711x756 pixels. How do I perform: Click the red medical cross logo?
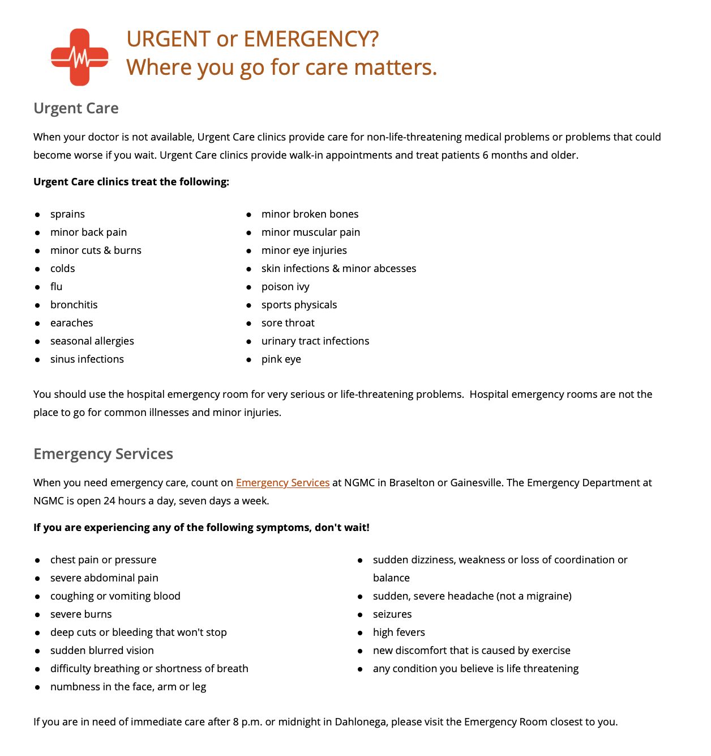coord(79,57)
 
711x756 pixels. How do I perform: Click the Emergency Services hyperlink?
coord(282,483)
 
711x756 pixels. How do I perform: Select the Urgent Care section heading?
coord(76,108)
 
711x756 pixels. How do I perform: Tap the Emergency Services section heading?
coord(103,454)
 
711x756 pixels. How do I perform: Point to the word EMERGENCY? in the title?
coord(311,40)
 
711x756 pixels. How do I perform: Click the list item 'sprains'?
coord(67,214)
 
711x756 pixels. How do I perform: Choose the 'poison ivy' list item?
coord(285,287)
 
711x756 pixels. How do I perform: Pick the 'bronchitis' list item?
coord(74,305)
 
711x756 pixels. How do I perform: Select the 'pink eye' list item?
coord(281,359)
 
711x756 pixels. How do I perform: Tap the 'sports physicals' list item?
coord(299,305)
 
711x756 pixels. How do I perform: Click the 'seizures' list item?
coord(392,614)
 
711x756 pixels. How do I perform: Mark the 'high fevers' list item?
coord(399,632)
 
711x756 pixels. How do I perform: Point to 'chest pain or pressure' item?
coord(103,560)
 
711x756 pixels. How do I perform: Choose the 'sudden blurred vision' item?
coord(102,651)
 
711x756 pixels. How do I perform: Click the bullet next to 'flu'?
coord(37,287)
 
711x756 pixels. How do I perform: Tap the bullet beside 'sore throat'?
coord(249,324)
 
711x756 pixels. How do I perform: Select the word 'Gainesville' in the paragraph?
coord(474,483)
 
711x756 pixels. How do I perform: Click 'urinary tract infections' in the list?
coord(315,341)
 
